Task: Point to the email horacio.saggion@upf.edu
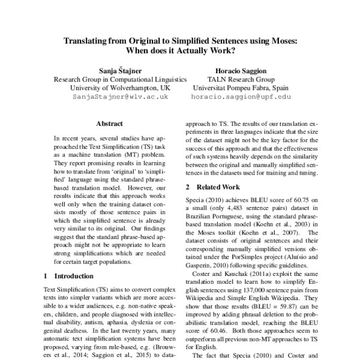[241, 96]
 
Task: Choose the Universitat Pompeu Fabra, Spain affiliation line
[241, 87]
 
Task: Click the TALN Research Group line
[241, 79]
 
